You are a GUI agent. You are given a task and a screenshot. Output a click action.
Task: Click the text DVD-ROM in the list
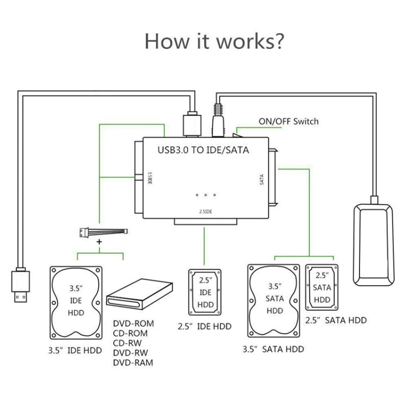[x=134, y=323]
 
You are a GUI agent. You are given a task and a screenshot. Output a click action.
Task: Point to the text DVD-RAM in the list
[x=134, y=362]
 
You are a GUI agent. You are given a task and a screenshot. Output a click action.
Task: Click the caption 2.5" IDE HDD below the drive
[x=205, y=326]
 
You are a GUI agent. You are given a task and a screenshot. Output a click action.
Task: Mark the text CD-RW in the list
[x=130, y=343]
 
